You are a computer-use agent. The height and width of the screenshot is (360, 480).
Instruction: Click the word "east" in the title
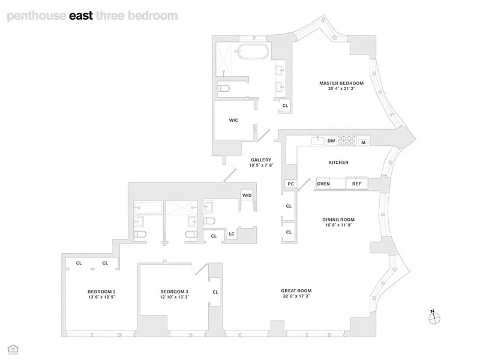pyautogui.click(x=81, y=16)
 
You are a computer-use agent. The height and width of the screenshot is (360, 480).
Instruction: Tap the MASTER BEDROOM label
pyautogui.click(x=341, y=83)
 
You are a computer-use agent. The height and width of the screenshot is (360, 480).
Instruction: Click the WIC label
pyautogui.click(x=233, y=121)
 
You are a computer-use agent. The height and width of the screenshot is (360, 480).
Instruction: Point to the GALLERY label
pyautogui.click(x=261, y=160)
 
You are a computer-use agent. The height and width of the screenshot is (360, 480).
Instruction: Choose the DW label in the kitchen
pyautogui.click(x=331, y=141)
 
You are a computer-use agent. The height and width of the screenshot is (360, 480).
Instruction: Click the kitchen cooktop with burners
pyautogui.click(x=346, y=141)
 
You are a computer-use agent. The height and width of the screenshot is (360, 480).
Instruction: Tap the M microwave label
pyautogui.click(x=364, y=142)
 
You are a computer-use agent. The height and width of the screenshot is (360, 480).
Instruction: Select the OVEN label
pyautogui.click(x=323, y=184)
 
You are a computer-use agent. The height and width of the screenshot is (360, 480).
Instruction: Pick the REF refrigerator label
pyautogui.click(x=356, y=184)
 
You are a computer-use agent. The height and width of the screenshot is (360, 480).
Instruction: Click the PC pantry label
pyautogui.click(x=291, y=184)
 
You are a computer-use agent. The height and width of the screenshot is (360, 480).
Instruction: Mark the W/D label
pyautogui.click(x=247, y=196)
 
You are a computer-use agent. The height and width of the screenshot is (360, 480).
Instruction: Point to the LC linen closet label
pyautogui.click(x=232, y=234)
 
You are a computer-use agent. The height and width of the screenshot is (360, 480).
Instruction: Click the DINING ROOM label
pyautogui.click(x=338, y=220)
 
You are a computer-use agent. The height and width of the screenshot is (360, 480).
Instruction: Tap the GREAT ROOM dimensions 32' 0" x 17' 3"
pyautogui.click(x=296, y=296)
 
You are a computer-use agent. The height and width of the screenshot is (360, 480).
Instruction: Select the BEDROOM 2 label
pyautogui.click(x=101, y=292)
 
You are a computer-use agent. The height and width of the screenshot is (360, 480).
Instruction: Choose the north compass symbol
pyautogui.click(x=434, y=317)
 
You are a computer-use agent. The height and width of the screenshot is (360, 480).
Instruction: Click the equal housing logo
pyautogui.click(x=13, y=349)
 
